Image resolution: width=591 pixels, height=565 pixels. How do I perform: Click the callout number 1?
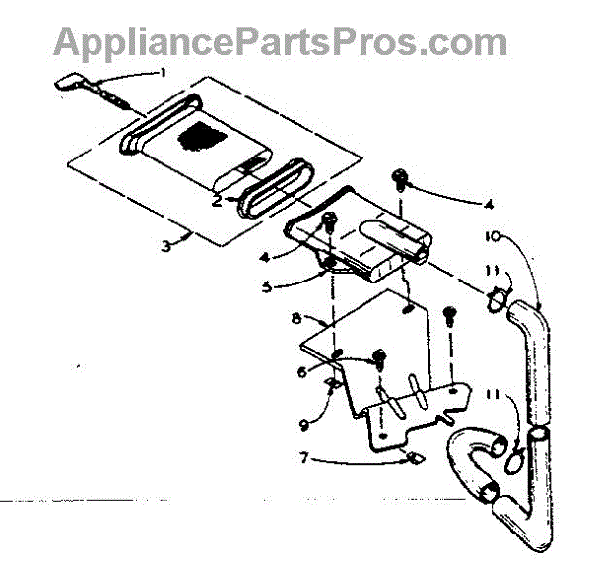pyautogui.click(x=164, y=71)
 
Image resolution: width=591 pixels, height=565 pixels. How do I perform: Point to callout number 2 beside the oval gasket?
pyautogui.click(x=216, y=199)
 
